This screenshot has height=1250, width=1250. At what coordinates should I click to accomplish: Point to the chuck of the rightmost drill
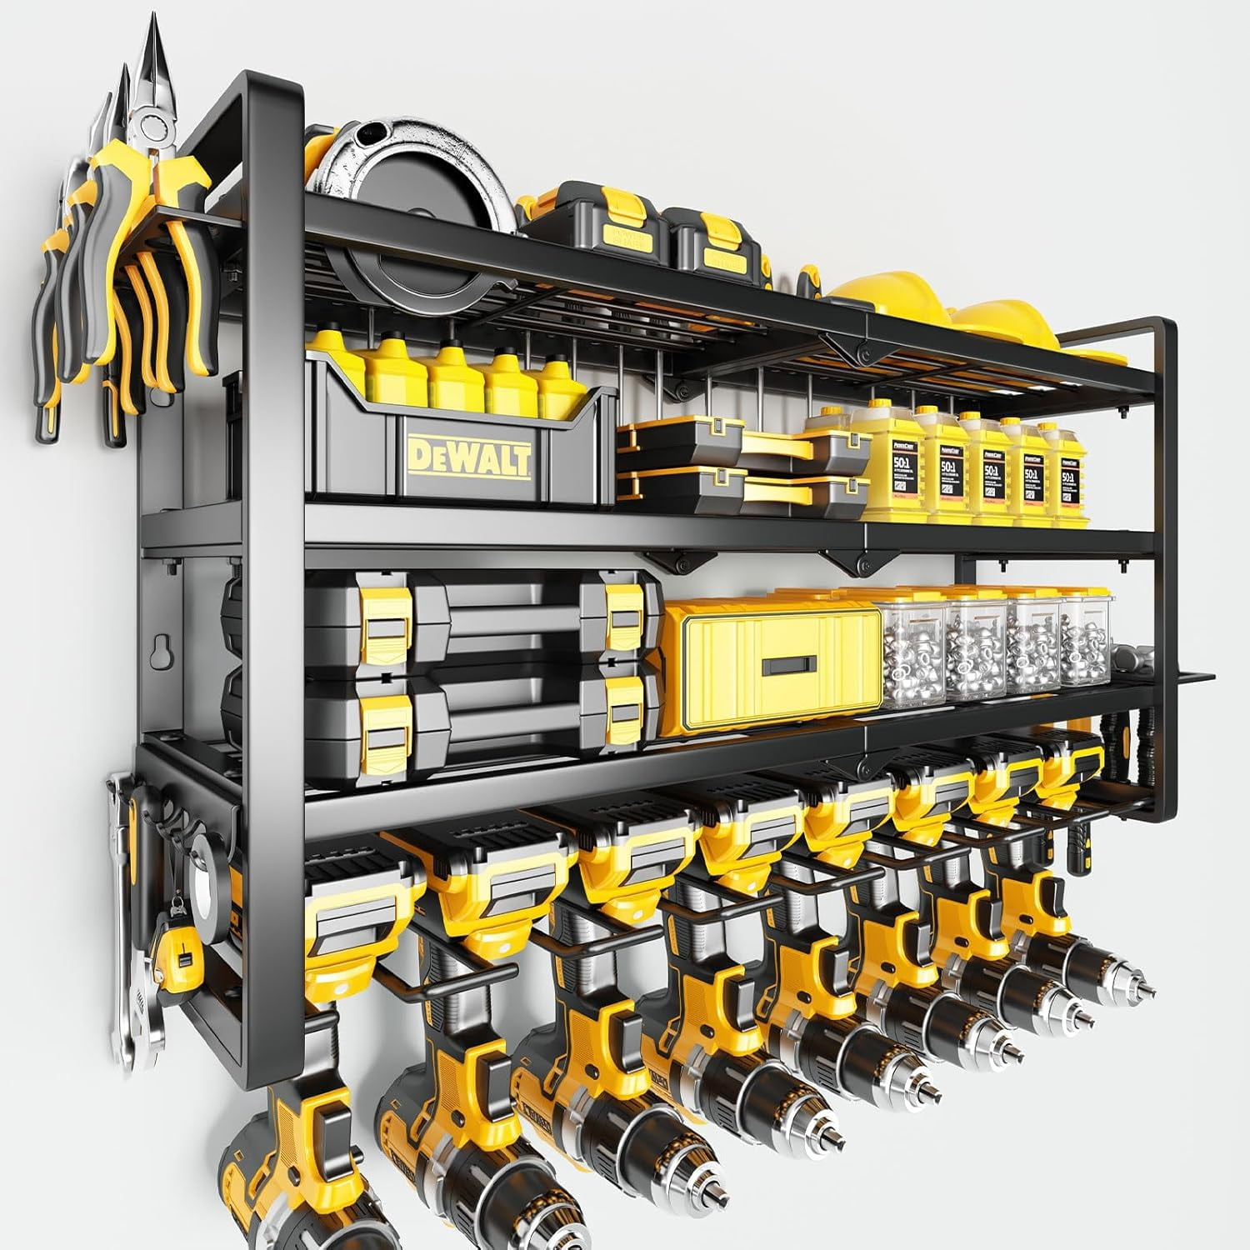pyautogui.click(x=1117, y=992)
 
